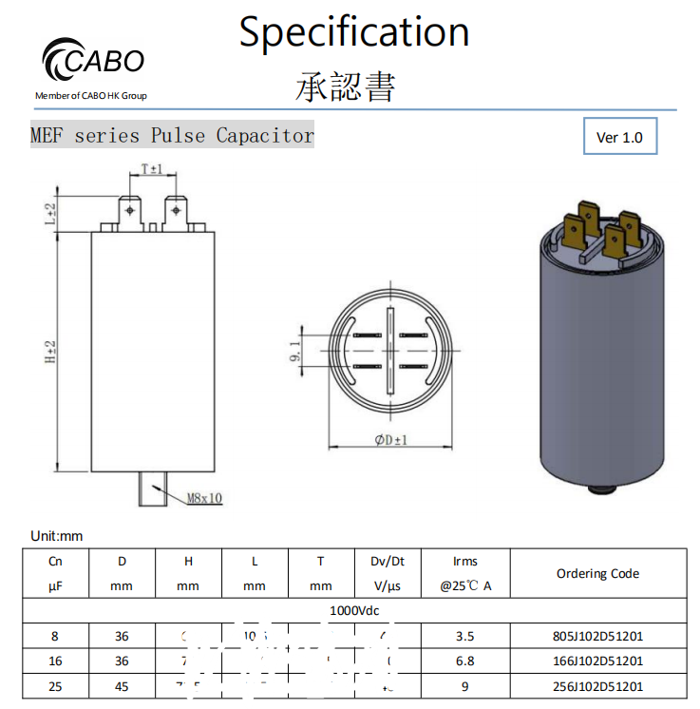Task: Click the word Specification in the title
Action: [x=353, y=31]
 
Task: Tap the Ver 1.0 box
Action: [x=619, y=138]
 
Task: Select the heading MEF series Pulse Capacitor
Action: [x=172, y=136]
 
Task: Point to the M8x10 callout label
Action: [x=202, y=498]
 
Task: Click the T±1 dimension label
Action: [x=152, y=169]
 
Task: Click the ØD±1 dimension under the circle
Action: [x=389, y=440]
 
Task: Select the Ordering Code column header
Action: [x=597, y=573]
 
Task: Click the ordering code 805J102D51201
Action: [x=597, y=636]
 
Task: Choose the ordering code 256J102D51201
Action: [x=597, y=686]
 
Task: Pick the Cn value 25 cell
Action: [x=55, y=686]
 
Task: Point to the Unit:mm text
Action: [x=57, y=536]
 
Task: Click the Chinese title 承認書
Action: [x=346, y=86]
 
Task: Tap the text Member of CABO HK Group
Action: [x=91, y=95]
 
